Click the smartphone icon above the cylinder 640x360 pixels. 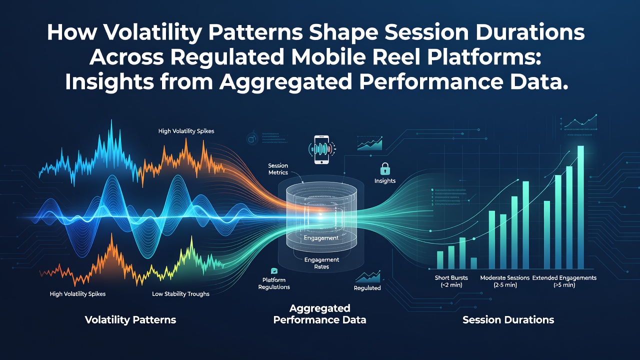point(321,149)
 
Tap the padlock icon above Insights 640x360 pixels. point(385,169)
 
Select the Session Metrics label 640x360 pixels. point(278,169)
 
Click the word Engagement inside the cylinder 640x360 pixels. point(321,238)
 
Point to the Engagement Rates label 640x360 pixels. point(321,263)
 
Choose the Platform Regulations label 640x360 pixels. point(274,283)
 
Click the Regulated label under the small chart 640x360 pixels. point(367,288)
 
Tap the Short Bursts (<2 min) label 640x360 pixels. point(451,281)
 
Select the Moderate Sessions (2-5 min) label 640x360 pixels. point(505,281)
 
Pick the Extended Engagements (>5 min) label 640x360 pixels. point(564,281)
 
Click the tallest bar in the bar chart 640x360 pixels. point(580,207)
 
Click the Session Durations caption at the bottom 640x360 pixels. point(508,319)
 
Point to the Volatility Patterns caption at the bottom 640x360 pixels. point(130,319)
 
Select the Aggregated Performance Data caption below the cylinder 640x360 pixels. point(319,314)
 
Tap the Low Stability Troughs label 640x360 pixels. point(180,293)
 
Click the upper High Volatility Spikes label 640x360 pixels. point(186,131)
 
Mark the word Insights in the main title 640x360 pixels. point(110,82)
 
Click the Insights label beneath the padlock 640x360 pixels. point(385,180)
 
